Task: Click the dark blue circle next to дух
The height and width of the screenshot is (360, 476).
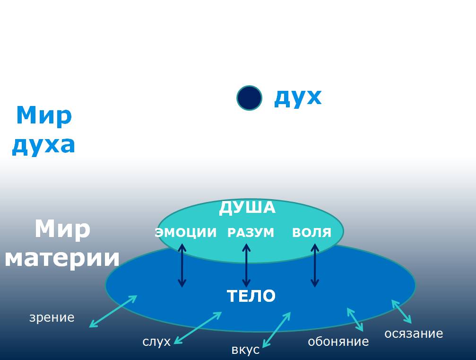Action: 249,98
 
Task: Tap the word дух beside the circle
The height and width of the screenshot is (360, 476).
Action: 298,97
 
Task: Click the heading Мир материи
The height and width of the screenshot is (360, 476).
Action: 62,244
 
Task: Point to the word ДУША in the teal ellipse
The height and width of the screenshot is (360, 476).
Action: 247,208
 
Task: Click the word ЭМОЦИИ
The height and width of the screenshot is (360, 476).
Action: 186,233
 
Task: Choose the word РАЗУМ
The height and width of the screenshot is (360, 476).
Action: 251,233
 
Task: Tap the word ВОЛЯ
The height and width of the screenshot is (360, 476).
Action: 312,233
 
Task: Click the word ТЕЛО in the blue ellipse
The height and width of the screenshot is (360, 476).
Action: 251,296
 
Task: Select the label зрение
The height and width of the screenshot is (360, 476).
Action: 52,317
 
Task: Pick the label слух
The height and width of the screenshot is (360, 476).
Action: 156,342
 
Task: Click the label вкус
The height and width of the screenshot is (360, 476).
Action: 245,350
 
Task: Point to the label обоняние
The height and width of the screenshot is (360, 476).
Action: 338,341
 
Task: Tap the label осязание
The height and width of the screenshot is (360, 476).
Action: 414,334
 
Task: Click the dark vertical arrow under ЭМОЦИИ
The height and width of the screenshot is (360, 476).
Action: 182,265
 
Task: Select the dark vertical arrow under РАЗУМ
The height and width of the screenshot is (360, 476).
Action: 246,265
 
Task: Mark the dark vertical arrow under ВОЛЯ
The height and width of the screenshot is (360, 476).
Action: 315,265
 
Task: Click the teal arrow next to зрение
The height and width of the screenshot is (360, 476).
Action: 113,311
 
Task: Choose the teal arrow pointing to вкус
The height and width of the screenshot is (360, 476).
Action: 277,329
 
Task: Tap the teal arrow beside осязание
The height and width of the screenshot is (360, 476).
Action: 401,311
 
